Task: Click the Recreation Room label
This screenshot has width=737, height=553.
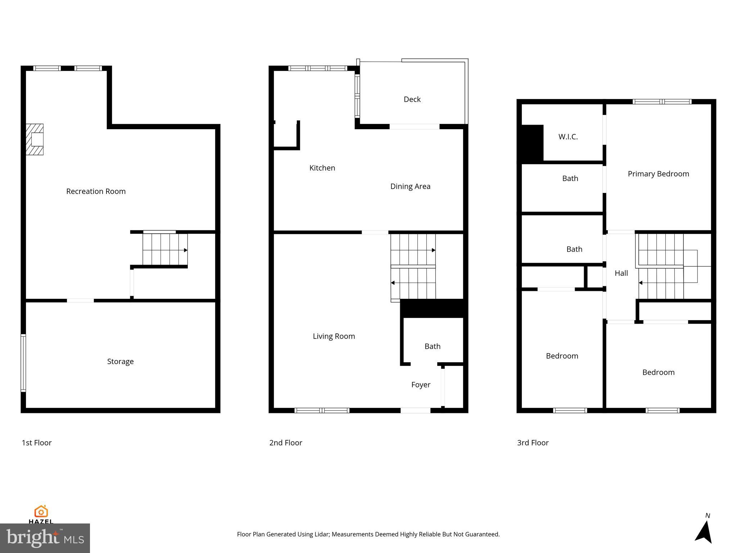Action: [96, 191]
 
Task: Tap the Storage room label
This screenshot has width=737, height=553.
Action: [120, 361]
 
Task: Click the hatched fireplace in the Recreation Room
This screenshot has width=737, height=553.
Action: [35, 139]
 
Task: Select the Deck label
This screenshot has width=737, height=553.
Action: [412, 99]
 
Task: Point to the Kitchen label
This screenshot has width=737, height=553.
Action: [322, 168]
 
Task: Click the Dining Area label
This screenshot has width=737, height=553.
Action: [410, 186]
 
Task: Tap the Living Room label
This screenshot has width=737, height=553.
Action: [334, 336]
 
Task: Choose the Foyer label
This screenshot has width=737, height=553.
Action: [421, 385]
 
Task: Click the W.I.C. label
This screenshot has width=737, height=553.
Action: [568, 137]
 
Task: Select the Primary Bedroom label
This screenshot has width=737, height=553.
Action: [658, 174]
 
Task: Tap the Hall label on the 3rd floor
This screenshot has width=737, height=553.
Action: [621, 273]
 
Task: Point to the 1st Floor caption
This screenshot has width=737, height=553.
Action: [37, 443]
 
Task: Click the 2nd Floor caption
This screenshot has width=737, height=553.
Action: [286, 443]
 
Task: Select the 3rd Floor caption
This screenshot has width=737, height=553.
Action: [533, 443]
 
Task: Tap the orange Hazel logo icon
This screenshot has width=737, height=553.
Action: [41, 511]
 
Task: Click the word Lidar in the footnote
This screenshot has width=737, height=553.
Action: [321, 534]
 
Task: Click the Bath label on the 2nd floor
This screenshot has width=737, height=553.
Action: [432, 346]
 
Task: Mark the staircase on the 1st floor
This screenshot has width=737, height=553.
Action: [165, 249]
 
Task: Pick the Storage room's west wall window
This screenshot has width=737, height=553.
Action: [23, 363]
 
